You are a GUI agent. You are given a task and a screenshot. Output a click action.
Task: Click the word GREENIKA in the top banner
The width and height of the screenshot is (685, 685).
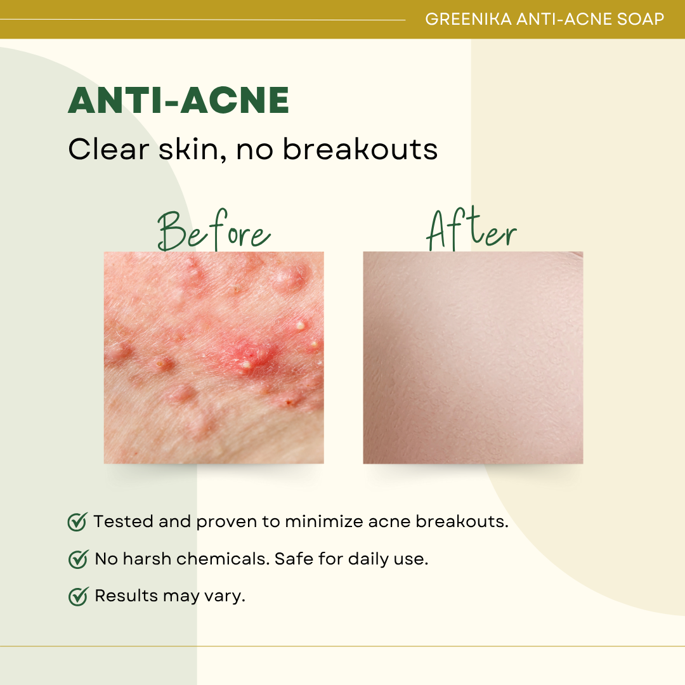click(468, 19)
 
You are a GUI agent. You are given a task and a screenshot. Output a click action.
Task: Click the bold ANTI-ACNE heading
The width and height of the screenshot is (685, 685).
click(178, 100)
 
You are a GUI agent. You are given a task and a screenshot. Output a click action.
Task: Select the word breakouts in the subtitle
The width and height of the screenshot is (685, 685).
click(360, 149)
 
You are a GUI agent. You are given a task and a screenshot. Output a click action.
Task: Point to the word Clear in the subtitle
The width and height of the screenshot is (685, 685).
click(109, 149)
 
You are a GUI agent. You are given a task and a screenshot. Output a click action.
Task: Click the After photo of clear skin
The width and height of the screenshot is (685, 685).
click(473, 357)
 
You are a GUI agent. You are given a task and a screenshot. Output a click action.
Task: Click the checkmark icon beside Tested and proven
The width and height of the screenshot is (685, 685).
click(78, 521)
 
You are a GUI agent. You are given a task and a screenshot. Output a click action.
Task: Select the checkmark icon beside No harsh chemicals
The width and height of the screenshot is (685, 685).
click(79, 559)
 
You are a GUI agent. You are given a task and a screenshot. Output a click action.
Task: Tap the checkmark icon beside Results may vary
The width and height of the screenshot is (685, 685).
click(79, 596)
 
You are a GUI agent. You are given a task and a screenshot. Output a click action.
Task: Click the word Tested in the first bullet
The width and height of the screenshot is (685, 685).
click(123, 521)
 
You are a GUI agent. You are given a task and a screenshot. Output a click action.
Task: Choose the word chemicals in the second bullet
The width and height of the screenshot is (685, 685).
click(223, 559)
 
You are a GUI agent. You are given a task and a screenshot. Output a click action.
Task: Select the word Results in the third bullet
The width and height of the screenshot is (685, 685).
click(126, 596)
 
